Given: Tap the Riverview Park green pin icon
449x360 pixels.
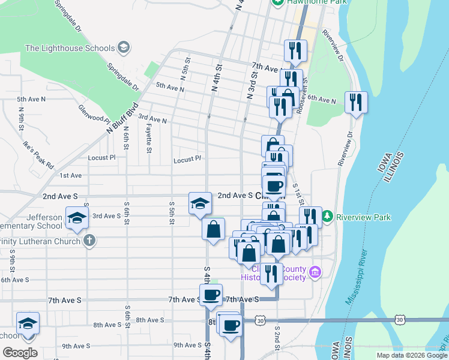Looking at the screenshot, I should click(x=328, y=217).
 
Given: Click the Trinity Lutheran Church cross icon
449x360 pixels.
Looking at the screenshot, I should click(x=89, y=241).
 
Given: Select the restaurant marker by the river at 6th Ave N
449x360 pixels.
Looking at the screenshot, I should click(x=356, y=103).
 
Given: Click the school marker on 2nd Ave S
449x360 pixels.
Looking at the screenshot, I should click(x=200, y=203).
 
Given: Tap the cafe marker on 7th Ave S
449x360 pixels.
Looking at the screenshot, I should click(x=211, y=295).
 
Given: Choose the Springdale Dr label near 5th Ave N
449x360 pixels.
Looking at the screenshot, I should click(x=123, y=77).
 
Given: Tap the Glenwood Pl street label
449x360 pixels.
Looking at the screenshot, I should click(x=94, y=113).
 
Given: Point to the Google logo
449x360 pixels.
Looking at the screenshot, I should click(x=20, y=353).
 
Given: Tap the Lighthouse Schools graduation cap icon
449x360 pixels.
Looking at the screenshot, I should click(x=124, y=47).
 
